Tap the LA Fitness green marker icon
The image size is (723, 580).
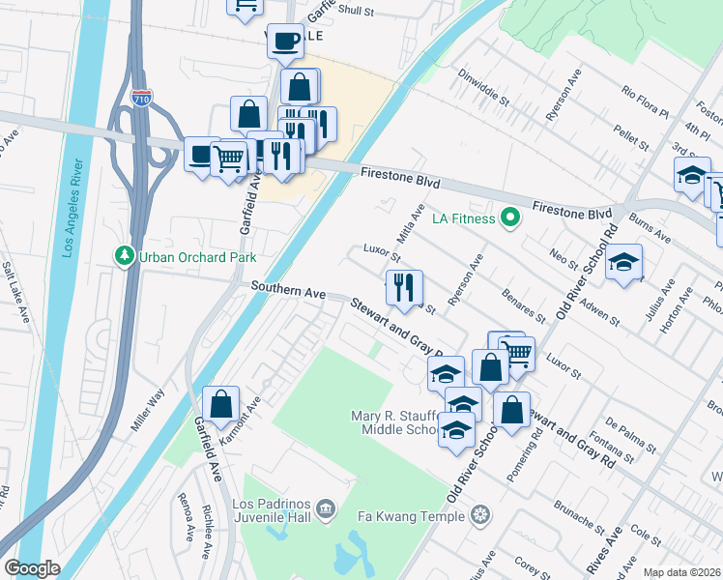(511, 217)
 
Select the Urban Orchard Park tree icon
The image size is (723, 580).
(124, 257)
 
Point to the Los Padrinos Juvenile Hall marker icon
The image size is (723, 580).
(326, 507)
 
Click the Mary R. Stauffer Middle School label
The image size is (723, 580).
(394, 422)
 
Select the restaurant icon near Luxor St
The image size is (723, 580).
(404, 287)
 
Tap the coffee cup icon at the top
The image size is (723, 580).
(284, 41)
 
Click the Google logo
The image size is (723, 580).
(32, 568)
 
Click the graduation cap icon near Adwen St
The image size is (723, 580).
(624, 261)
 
